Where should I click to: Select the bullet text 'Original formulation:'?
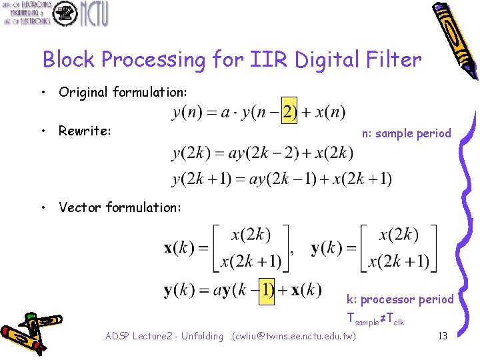[x=123, y=92]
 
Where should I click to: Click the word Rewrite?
[x=84, y=131]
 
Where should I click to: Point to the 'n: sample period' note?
[x=406, y=133]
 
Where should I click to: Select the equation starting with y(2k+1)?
[x=282, y=179]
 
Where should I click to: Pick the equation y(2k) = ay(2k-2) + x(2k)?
[x=263, y=153]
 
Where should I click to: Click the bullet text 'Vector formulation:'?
[x=119, y=207]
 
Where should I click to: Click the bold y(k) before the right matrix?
[x=327, y=249]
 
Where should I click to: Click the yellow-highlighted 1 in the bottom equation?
[x=267, y=291]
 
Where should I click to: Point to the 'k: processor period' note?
[x=400, y=299]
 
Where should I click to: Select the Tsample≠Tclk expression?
[x=376, y=319]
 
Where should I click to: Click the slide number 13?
[x=442, y=335]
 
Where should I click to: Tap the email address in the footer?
[x=293, y=336]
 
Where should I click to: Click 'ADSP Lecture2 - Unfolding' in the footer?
[x=164, y=336]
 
